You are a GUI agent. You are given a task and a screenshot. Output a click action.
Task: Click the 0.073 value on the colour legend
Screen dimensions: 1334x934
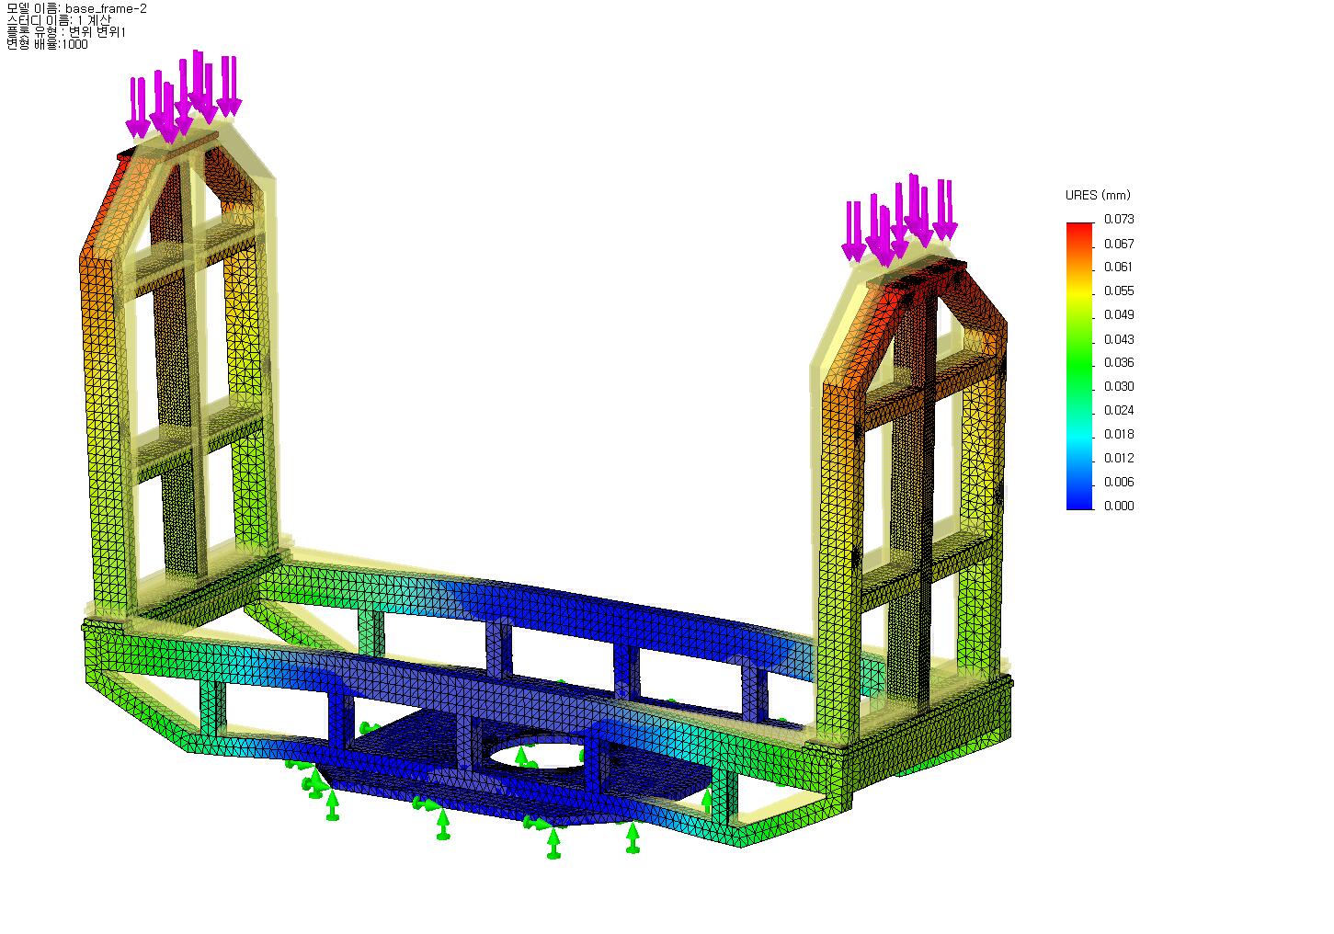pos(1119,219)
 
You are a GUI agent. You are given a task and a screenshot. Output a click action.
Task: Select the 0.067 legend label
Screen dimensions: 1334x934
pos(1119,244)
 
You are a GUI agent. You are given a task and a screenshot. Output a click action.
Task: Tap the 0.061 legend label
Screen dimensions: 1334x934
pos(1119,267)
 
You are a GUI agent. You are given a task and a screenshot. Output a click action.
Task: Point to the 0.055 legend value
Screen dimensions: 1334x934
pos(1119,290)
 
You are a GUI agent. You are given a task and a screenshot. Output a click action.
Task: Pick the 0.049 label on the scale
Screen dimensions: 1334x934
pos(1119,314)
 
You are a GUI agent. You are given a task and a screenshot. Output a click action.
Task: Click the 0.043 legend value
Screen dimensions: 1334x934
pos(1119,339)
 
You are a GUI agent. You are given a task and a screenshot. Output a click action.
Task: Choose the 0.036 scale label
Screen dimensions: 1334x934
pos(1119,363)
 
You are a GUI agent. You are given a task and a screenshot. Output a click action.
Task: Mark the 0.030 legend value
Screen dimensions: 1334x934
pos(1119,387)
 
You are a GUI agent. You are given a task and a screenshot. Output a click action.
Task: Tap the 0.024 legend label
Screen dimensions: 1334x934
pos(1119,410)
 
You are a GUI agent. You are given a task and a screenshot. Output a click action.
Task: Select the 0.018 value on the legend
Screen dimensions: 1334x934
pos(1119,434)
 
